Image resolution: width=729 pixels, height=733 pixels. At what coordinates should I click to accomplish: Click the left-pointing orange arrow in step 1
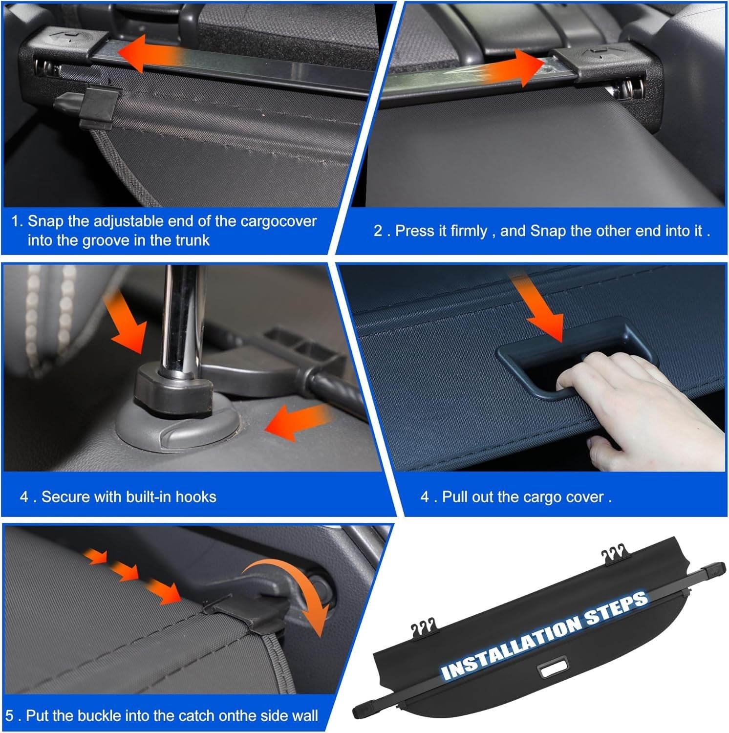147,53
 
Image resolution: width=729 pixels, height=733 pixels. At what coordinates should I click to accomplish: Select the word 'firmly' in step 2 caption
469,231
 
